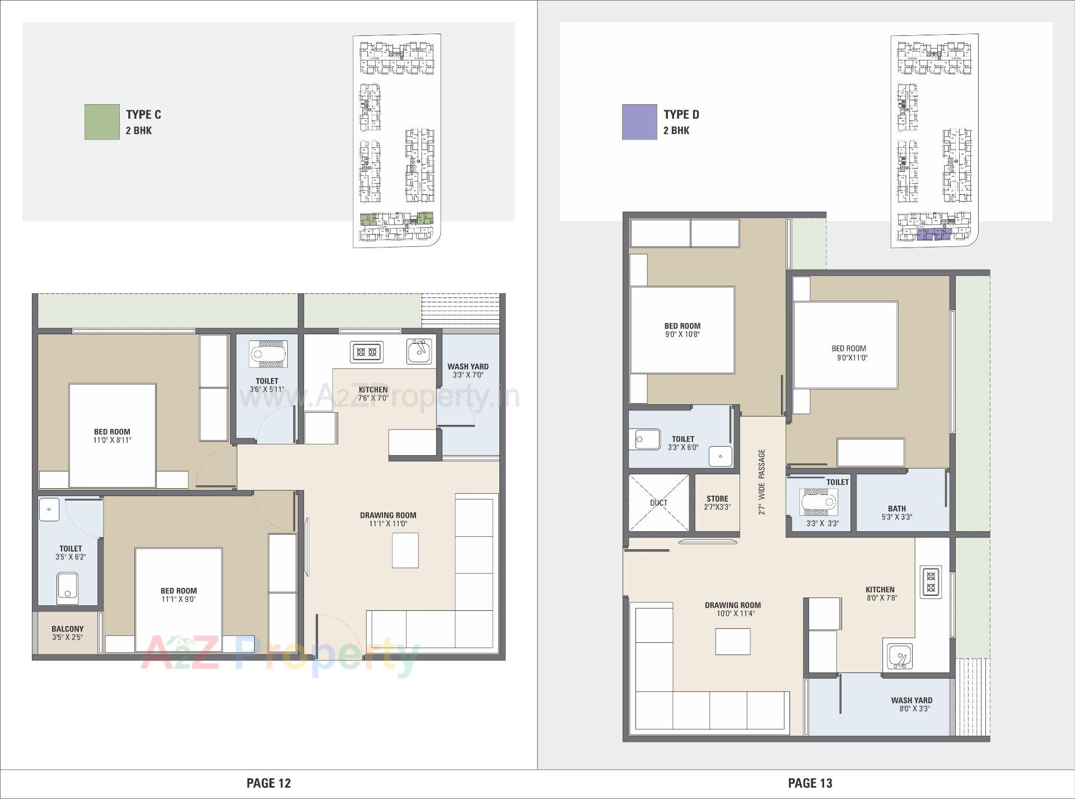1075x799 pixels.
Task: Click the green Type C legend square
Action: pos(102,122)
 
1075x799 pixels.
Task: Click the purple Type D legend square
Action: pos(639,122)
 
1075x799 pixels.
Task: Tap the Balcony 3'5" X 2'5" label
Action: pos(67,633)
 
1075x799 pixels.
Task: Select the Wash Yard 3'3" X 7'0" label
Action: pos(468,371)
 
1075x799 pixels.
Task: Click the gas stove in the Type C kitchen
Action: pos(367,352)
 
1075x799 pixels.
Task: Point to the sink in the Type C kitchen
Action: pos(419,351)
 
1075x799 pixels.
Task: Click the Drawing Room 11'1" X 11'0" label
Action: pos(388,519)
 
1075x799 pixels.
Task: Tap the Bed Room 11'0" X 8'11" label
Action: pos(112,436)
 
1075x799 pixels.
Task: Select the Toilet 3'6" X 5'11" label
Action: pos(267,385)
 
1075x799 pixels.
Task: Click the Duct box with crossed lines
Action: pos(659,503)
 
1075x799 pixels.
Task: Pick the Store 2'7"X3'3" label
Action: pos(717,502)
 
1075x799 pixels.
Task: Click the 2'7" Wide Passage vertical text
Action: pos(761,482)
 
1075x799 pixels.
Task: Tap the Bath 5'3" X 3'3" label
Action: pos(896,513)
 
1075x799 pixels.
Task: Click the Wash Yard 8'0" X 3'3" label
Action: pos(912,704)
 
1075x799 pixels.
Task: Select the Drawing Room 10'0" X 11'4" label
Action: pos(732,609)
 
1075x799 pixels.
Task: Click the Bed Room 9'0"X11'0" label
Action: pos(848,353)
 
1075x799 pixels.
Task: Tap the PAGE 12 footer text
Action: pos(269,783)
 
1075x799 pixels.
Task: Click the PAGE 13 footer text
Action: pos(810,783)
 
